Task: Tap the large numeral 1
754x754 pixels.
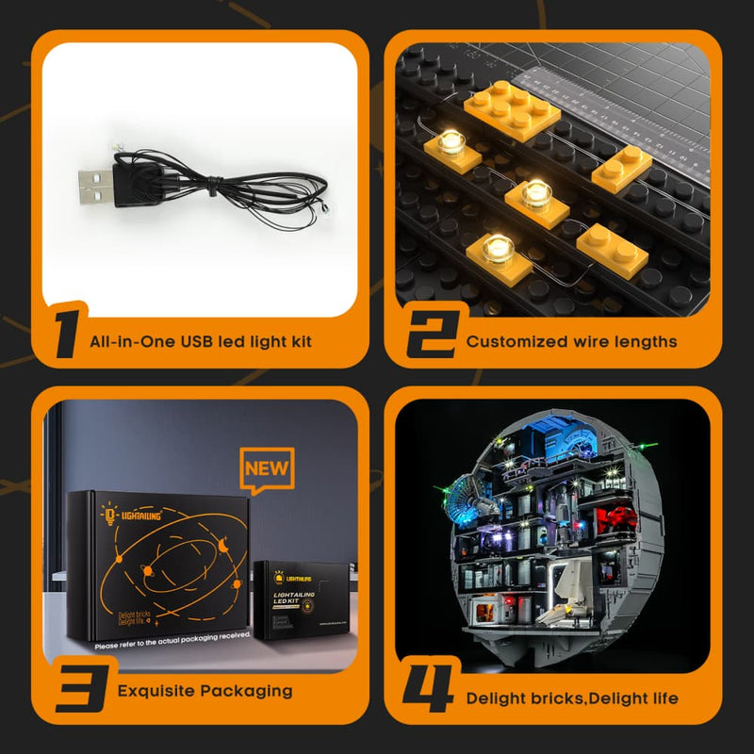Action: (x=63, y=336)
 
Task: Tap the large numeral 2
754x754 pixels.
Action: (x=430, y=336)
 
